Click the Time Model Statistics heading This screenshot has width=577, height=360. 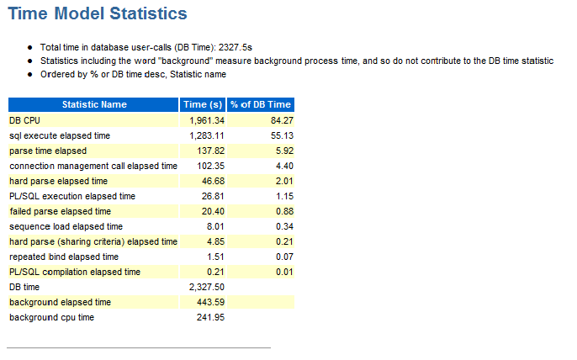tap(98, 14)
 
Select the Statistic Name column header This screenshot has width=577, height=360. tap(94, 104)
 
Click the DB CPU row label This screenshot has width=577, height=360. tap(25, 120)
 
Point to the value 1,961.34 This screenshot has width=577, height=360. tap(207, 120)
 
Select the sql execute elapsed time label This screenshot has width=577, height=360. tap(60, 135)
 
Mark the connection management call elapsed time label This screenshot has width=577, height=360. tap(93, 166)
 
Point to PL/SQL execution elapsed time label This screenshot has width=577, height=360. tap(72, 196)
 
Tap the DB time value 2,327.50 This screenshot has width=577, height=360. tap(207, 287)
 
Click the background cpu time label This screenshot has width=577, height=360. tap(52, 317)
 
